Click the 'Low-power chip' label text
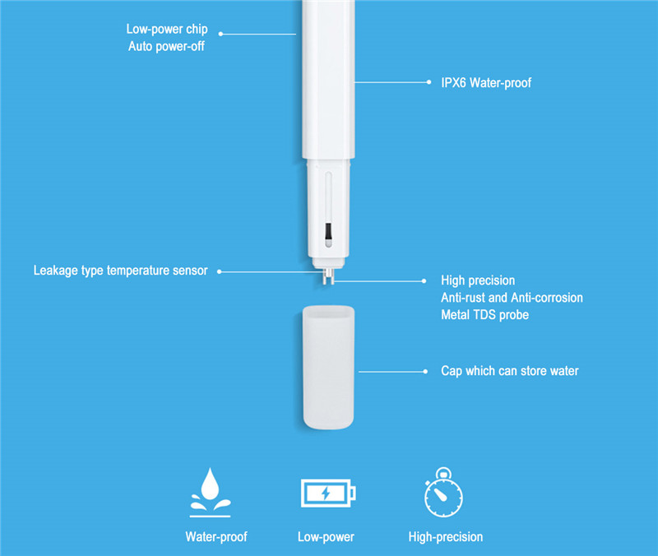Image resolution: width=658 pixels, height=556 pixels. [x=167, y=29]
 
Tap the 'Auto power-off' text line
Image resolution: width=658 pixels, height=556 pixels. [x=167, y=46]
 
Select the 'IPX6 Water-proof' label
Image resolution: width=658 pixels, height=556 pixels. [x=486, y=83]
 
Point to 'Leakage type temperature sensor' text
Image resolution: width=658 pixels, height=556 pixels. [x=120, y=271]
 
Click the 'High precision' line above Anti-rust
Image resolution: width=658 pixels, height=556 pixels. [x=478, y=280]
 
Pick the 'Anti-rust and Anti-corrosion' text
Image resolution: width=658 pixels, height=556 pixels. [x=512, y=298]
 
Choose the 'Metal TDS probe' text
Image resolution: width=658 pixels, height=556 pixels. [x=484, y=315]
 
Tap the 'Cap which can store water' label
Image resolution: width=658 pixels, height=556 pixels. [x=509, y=371]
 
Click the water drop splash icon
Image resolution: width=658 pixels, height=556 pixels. [x=211, y=492]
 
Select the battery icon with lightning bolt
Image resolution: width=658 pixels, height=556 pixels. [x=328, y=493]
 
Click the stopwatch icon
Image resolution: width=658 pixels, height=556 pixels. [x=443, y=492]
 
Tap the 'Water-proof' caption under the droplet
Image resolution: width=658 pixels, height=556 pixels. [x=216, y=537]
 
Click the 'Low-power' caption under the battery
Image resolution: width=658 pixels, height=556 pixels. [x=326, y=537]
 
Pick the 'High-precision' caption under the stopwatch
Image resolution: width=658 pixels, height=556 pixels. [x=446, y=537]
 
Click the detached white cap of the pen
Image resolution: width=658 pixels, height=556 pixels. [x=328, y=368]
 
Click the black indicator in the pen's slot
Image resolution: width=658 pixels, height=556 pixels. [x=328, y=231]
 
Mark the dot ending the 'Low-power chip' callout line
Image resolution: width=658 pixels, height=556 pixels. [x=220, y=34]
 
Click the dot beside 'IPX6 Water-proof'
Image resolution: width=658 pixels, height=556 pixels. [x=429, y=82]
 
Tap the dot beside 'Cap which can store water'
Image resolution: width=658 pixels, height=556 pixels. [x=425, y=372]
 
